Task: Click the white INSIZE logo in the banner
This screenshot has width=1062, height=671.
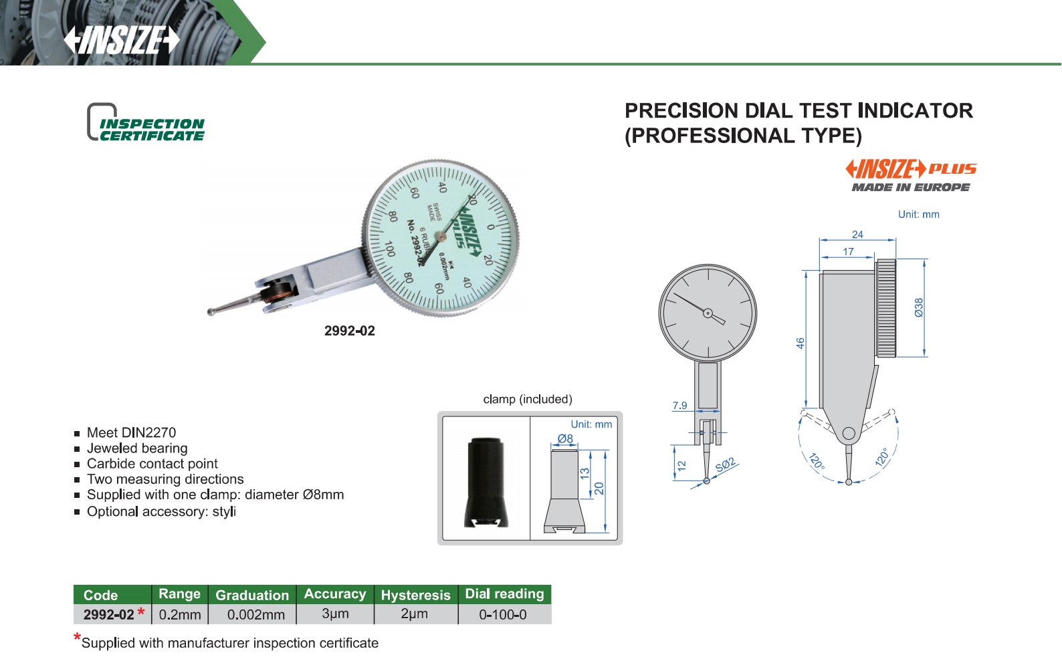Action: [121, 40]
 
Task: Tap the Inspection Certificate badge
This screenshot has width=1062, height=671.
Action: [146, 122]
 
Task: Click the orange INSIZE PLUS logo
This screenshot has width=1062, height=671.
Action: [911, 169]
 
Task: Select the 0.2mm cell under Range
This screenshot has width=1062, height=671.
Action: [180, 615]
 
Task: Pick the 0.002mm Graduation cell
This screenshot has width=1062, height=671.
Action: [256, 615]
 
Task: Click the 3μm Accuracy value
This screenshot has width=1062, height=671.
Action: [335, 614]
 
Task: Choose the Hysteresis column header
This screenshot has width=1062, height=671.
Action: [415, 595]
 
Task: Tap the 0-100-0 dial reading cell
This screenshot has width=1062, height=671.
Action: [502, 615]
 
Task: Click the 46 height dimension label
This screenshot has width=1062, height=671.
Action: [801, 343]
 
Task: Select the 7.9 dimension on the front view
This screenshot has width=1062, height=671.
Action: [679, 405]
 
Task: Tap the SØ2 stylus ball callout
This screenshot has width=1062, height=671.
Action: [726, 465]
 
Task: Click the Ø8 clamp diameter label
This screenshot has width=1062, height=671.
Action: [565, 439]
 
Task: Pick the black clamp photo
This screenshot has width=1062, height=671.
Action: [486, 483]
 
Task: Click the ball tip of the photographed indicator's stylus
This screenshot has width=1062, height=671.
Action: [211, 311]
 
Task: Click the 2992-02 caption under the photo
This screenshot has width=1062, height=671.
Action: [349, 331]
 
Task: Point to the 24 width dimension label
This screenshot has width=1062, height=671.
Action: [857, 234]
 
